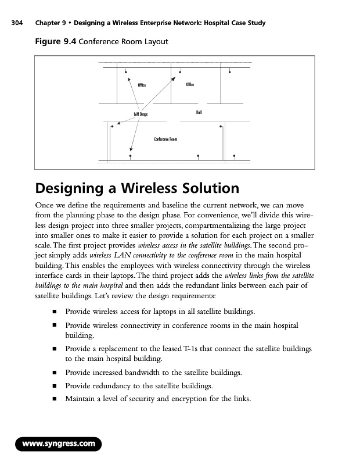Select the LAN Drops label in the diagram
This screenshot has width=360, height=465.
click(x=141, y=115)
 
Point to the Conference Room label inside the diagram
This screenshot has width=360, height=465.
click(x=165, y=139)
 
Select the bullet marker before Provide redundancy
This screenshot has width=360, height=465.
click(x=53, y=386)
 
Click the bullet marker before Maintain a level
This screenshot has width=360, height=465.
click(x=53, y=398)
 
